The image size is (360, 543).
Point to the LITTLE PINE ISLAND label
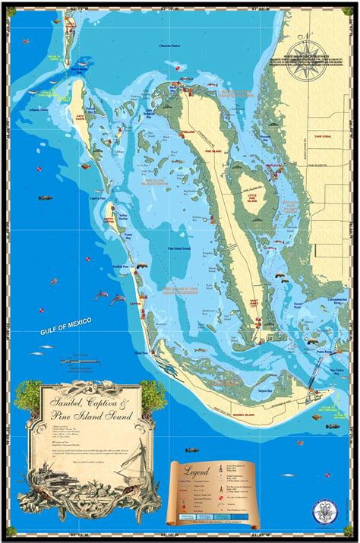pyautogui.click(x=251, y=200)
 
